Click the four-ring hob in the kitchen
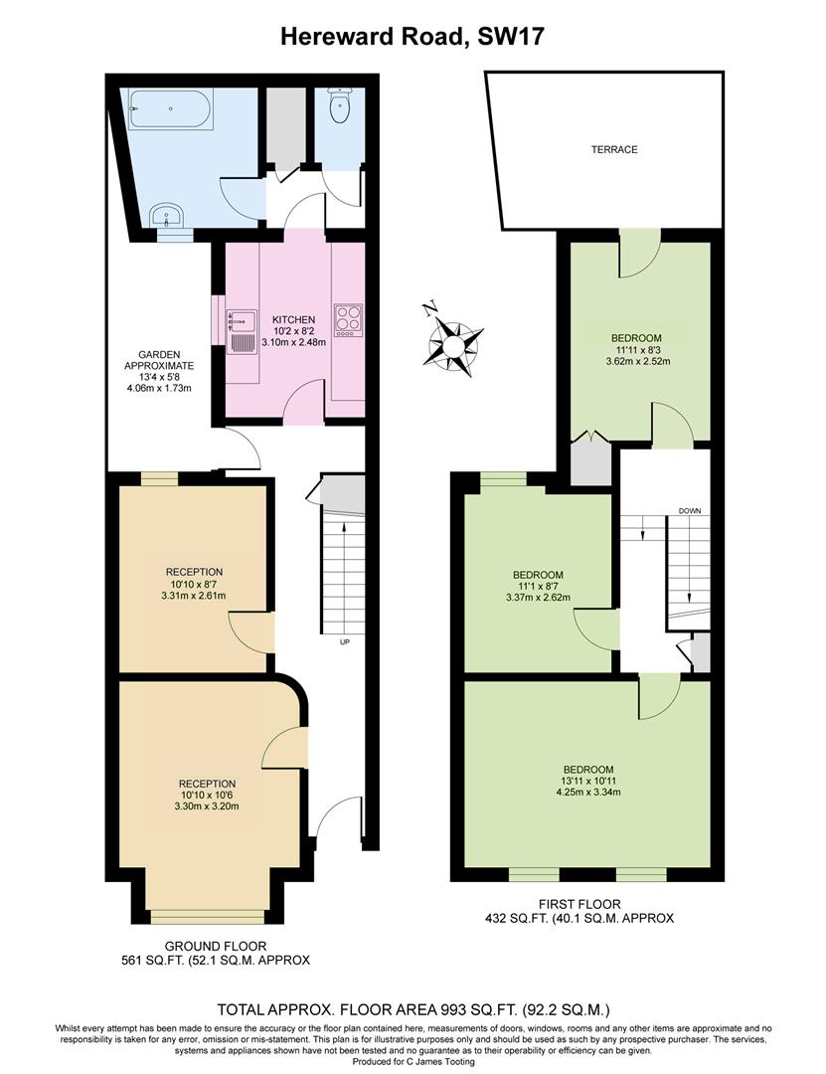(347, 319)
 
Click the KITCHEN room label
(293, 319)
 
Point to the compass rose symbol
(454, 343)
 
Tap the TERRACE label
(613, 150)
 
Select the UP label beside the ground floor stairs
(345, 641)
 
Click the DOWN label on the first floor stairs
(690, 511)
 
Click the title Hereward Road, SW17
(413, 37)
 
